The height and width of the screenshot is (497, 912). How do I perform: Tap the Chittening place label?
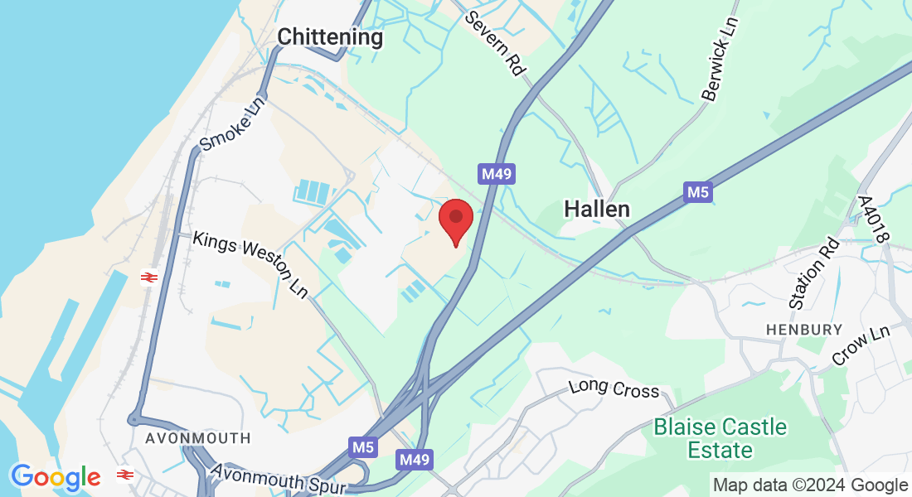pos(330,37)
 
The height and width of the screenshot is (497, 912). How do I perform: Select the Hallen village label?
pos(597,210)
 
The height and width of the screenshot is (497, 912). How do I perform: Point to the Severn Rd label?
pos(496,43)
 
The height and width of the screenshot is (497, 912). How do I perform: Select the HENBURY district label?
pos(793,330)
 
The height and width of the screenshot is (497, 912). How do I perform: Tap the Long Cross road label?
pos(614,389)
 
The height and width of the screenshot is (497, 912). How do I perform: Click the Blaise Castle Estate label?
pos(720,439)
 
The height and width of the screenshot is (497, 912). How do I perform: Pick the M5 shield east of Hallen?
pos(698,193)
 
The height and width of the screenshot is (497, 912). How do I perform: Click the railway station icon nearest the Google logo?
pos(125,475)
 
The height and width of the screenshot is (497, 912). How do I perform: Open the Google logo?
pos(56,477)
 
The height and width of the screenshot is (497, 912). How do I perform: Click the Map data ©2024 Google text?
pos(810,485)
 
